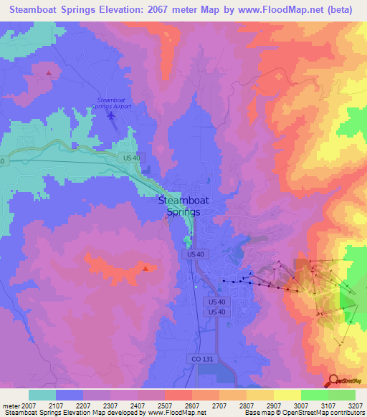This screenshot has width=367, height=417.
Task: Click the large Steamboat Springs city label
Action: coord(183,206)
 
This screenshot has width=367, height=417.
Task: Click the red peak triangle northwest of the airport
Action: coord(49,72)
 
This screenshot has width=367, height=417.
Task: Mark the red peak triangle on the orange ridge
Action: coord(146,269)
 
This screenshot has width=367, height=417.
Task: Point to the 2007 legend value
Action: coord(29,406)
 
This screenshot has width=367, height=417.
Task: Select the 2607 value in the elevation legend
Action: coord(192,406)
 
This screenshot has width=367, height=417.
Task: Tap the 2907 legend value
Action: coord(273,406)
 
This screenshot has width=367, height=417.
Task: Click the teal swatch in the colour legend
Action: coord(42,395)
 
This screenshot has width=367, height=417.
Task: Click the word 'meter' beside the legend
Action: coord(11,406)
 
